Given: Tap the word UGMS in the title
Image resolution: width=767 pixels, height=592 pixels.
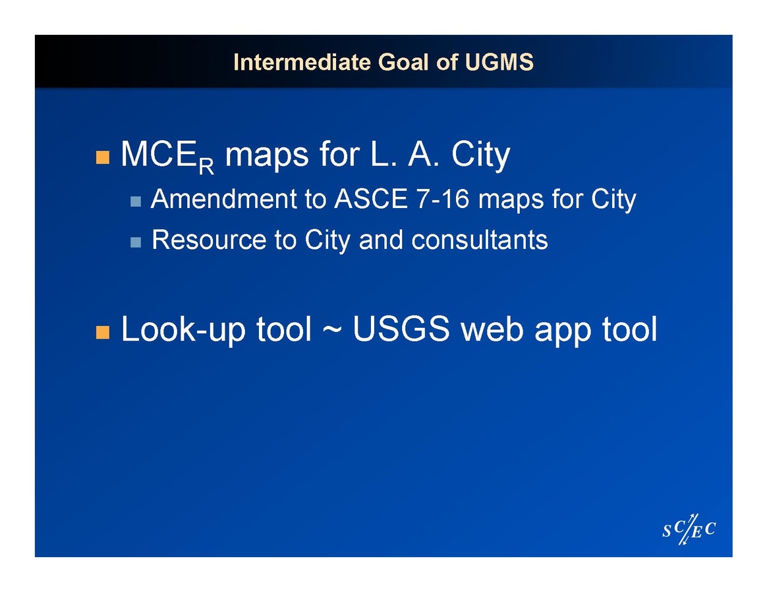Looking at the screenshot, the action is pyautogui.click(x=499, y=62).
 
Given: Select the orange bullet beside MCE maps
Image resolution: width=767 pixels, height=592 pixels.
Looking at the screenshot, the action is pyautogui.click(x=103, y=157).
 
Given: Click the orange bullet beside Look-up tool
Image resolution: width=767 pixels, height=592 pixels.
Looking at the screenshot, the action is pyautogui.click(x=103, y=333).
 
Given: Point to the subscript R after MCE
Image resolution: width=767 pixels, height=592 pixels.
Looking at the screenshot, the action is pyautogui.click(x=206, y=167).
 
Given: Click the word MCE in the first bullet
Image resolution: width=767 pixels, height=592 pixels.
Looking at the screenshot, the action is pyautogui.click(x=159, y=155).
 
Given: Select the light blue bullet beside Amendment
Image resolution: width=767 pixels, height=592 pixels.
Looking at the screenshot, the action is pyautogui.click(x=136, y=202).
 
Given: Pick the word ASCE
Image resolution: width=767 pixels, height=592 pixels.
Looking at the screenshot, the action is pyautogui.click(x=371, y=200).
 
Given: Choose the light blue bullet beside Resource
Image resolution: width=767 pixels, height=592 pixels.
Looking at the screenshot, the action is pyautogui.click(x=136, y=242).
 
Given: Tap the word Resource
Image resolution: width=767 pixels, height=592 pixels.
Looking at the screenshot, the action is pyautogui.click(x=210, y=240).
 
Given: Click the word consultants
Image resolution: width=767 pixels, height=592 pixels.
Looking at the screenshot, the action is pyautogui.click(x=480, y=240).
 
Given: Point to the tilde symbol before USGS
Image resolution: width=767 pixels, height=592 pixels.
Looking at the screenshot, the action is pyautogui.click(x=331, y=331).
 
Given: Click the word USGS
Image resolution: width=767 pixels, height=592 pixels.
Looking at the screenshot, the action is pyautogui.click(x=401, y=329).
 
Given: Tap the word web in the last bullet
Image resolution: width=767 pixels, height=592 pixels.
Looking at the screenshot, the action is pyautogui.click(x=492, y=329).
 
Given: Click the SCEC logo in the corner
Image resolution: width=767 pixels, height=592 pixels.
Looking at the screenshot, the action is pyautogui.click(x=689, y=529).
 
